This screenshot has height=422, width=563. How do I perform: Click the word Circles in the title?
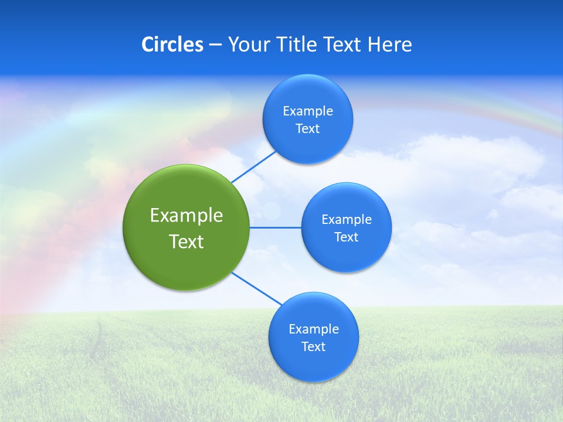pyautogui.click(x=172, y=45)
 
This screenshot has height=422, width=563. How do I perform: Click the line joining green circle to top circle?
pyautogui.click(x=253, y=167)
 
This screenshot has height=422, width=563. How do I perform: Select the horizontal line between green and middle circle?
pyautogui.click(x=276, y=227)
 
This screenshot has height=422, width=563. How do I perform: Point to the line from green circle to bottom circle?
pyautogui.click(x=257, y=289)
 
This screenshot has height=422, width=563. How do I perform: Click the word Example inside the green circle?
pyautogui.click(x=186, y=216)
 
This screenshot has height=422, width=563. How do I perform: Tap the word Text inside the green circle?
pyautogui.click(x=186, y=241)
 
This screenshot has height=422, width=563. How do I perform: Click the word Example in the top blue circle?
pyautogui.click(x=307, y=111)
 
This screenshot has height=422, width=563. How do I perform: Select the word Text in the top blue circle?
pyautogui.click(x=307, y=129)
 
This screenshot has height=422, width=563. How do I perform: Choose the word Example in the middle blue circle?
pyautogui.click(x=346, y=220)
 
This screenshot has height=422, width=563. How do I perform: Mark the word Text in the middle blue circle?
pyautogui.click(x=346, y=237)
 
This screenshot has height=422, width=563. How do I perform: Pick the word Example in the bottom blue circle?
pyautogui.click(x=313, y=329)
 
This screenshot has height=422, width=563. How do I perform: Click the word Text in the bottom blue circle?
pyautogui.click(x=313, y=347)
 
